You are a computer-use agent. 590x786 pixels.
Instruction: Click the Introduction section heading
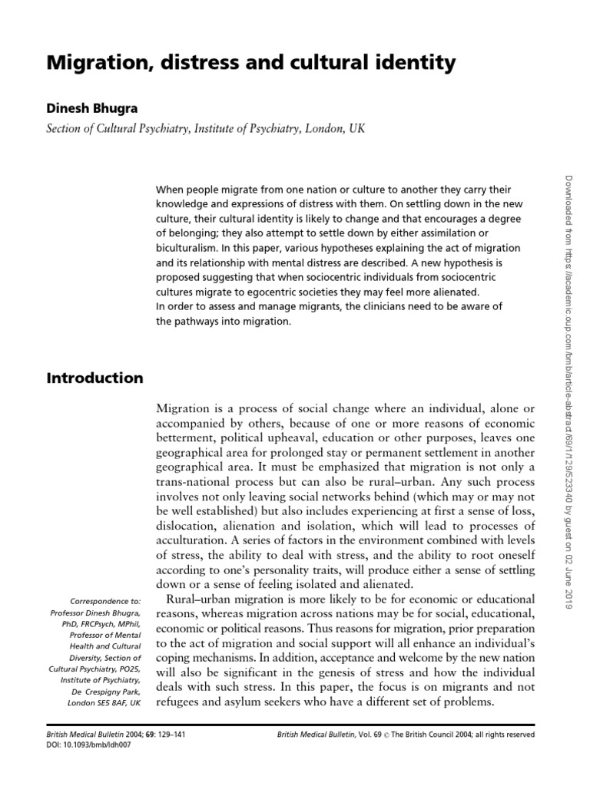point(94,378)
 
